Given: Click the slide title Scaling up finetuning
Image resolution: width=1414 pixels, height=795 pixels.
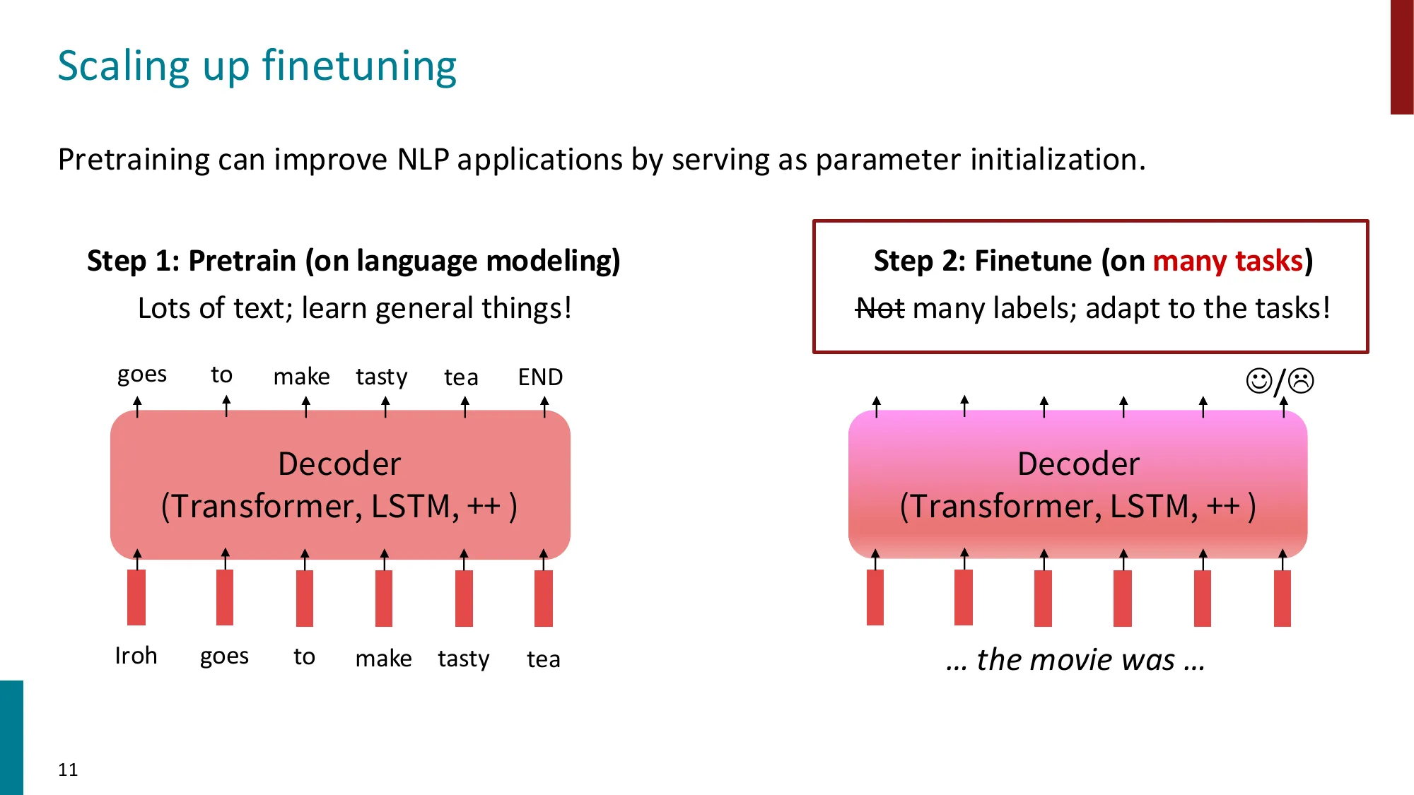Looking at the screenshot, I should (x=257, y=66).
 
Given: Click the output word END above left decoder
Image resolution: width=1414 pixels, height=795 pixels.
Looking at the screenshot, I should (x=540, y=377).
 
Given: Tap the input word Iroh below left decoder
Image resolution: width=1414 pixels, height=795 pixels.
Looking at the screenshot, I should (x=136, y=656).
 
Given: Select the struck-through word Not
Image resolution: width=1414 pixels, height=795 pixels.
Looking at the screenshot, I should (x=880, y=309).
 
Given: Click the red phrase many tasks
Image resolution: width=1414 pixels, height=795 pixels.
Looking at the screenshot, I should (x=1227, y=261).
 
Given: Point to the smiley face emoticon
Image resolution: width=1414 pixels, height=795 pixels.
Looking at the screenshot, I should (x=1258, y=381).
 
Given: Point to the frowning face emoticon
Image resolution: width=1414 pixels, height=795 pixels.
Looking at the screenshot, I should (x=1301, y=381).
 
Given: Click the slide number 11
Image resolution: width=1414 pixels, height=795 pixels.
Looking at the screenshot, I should (x=68, y=770).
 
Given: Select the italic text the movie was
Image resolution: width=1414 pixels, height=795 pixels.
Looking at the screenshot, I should (x=1075, y=659).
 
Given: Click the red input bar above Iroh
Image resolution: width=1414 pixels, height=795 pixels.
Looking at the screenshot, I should (x=136, y=597).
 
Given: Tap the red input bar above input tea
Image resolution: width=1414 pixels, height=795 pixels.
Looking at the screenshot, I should (x=544, y=598).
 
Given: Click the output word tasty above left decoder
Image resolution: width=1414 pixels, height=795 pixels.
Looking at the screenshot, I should (x=382, y=377).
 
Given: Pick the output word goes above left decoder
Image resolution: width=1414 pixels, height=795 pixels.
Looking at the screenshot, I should (x=142, y=375).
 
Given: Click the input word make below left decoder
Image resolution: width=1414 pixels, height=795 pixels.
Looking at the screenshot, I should (x=383, y=659).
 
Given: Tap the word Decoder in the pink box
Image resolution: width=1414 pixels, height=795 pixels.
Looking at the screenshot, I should (x=1078, y=464).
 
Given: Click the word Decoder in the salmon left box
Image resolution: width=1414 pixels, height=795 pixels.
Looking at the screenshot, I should (x=339, y=464).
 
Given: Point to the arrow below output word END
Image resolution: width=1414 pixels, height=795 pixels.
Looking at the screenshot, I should (x=544, y=406).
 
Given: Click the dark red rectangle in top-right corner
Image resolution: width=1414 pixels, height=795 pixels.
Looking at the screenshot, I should (x=1401, y=57).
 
